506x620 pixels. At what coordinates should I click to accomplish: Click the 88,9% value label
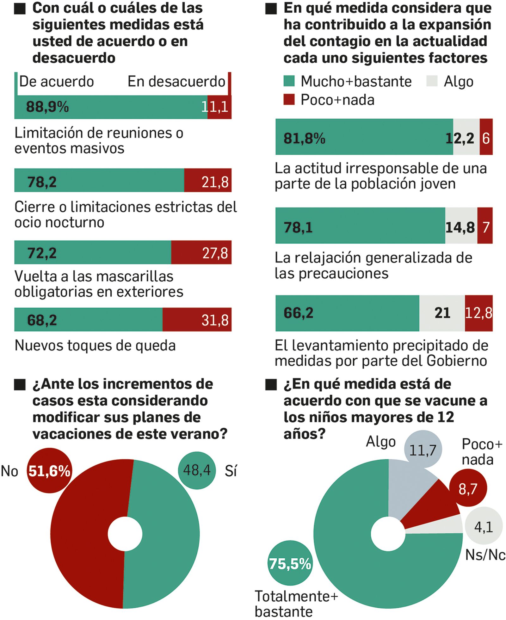[x=47, y=107]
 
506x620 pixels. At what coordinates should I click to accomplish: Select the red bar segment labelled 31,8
[x=197, y=319]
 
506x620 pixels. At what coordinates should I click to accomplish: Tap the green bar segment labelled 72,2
[x=92, y=252]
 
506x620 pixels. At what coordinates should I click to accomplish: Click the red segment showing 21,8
[x=208, y=180]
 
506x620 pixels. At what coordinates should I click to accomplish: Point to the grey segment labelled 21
[x=442, y=313]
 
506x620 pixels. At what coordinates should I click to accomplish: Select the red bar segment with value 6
[x=486, y=137]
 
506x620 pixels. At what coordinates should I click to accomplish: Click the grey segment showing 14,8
[x=460, y=226]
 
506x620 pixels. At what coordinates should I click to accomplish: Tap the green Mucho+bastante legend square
[x=289, y=81]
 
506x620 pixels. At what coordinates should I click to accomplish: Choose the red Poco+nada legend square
[x=289, y=99]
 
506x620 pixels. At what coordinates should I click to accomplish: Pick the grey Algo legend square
[x=432, y=81]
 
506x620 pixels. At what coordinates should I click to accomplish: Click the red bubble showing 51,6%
[x=49, y=471]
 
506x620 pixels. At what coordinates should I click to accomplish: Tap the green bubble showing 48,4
[x=197, y=470]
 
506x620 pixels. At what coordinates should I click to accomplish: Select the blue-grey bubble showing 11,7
[x=423, y=449]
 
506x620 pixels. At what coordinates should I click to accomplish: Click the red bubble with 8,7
[x=468, y=488]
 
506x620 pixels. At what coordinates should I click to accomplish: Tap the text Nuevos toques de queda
[x=95, y=345]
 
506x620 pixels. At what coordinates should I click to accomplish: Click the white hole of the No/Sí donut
[x=125, y=535]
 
